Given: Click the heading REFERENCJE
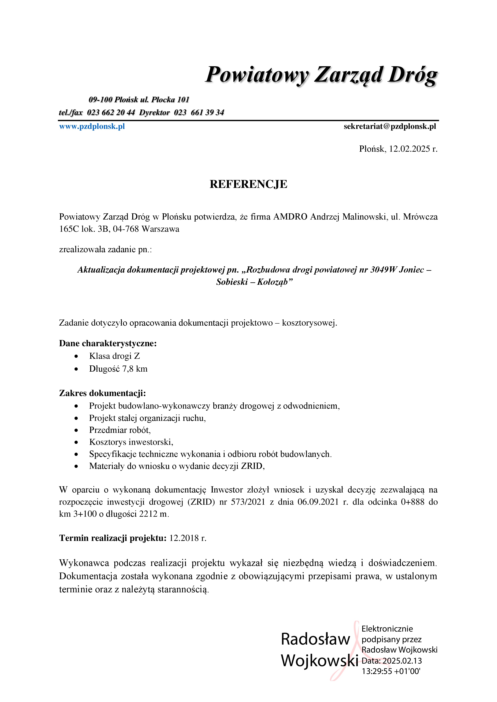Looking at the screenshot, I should tap(248, 184).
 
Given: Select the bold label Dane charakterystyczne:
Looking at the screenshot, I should tap(108, 343).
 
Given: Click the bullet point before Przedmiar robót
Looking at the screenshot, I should tap(76, 430).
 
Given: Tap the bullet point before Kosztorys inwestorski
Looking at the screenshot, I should tap(76, 442).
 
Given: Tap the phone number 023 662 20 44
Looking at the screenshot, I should tap(111, 112).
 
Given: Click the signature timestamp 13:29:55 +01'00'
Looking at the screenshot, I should tap(391, 671).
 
